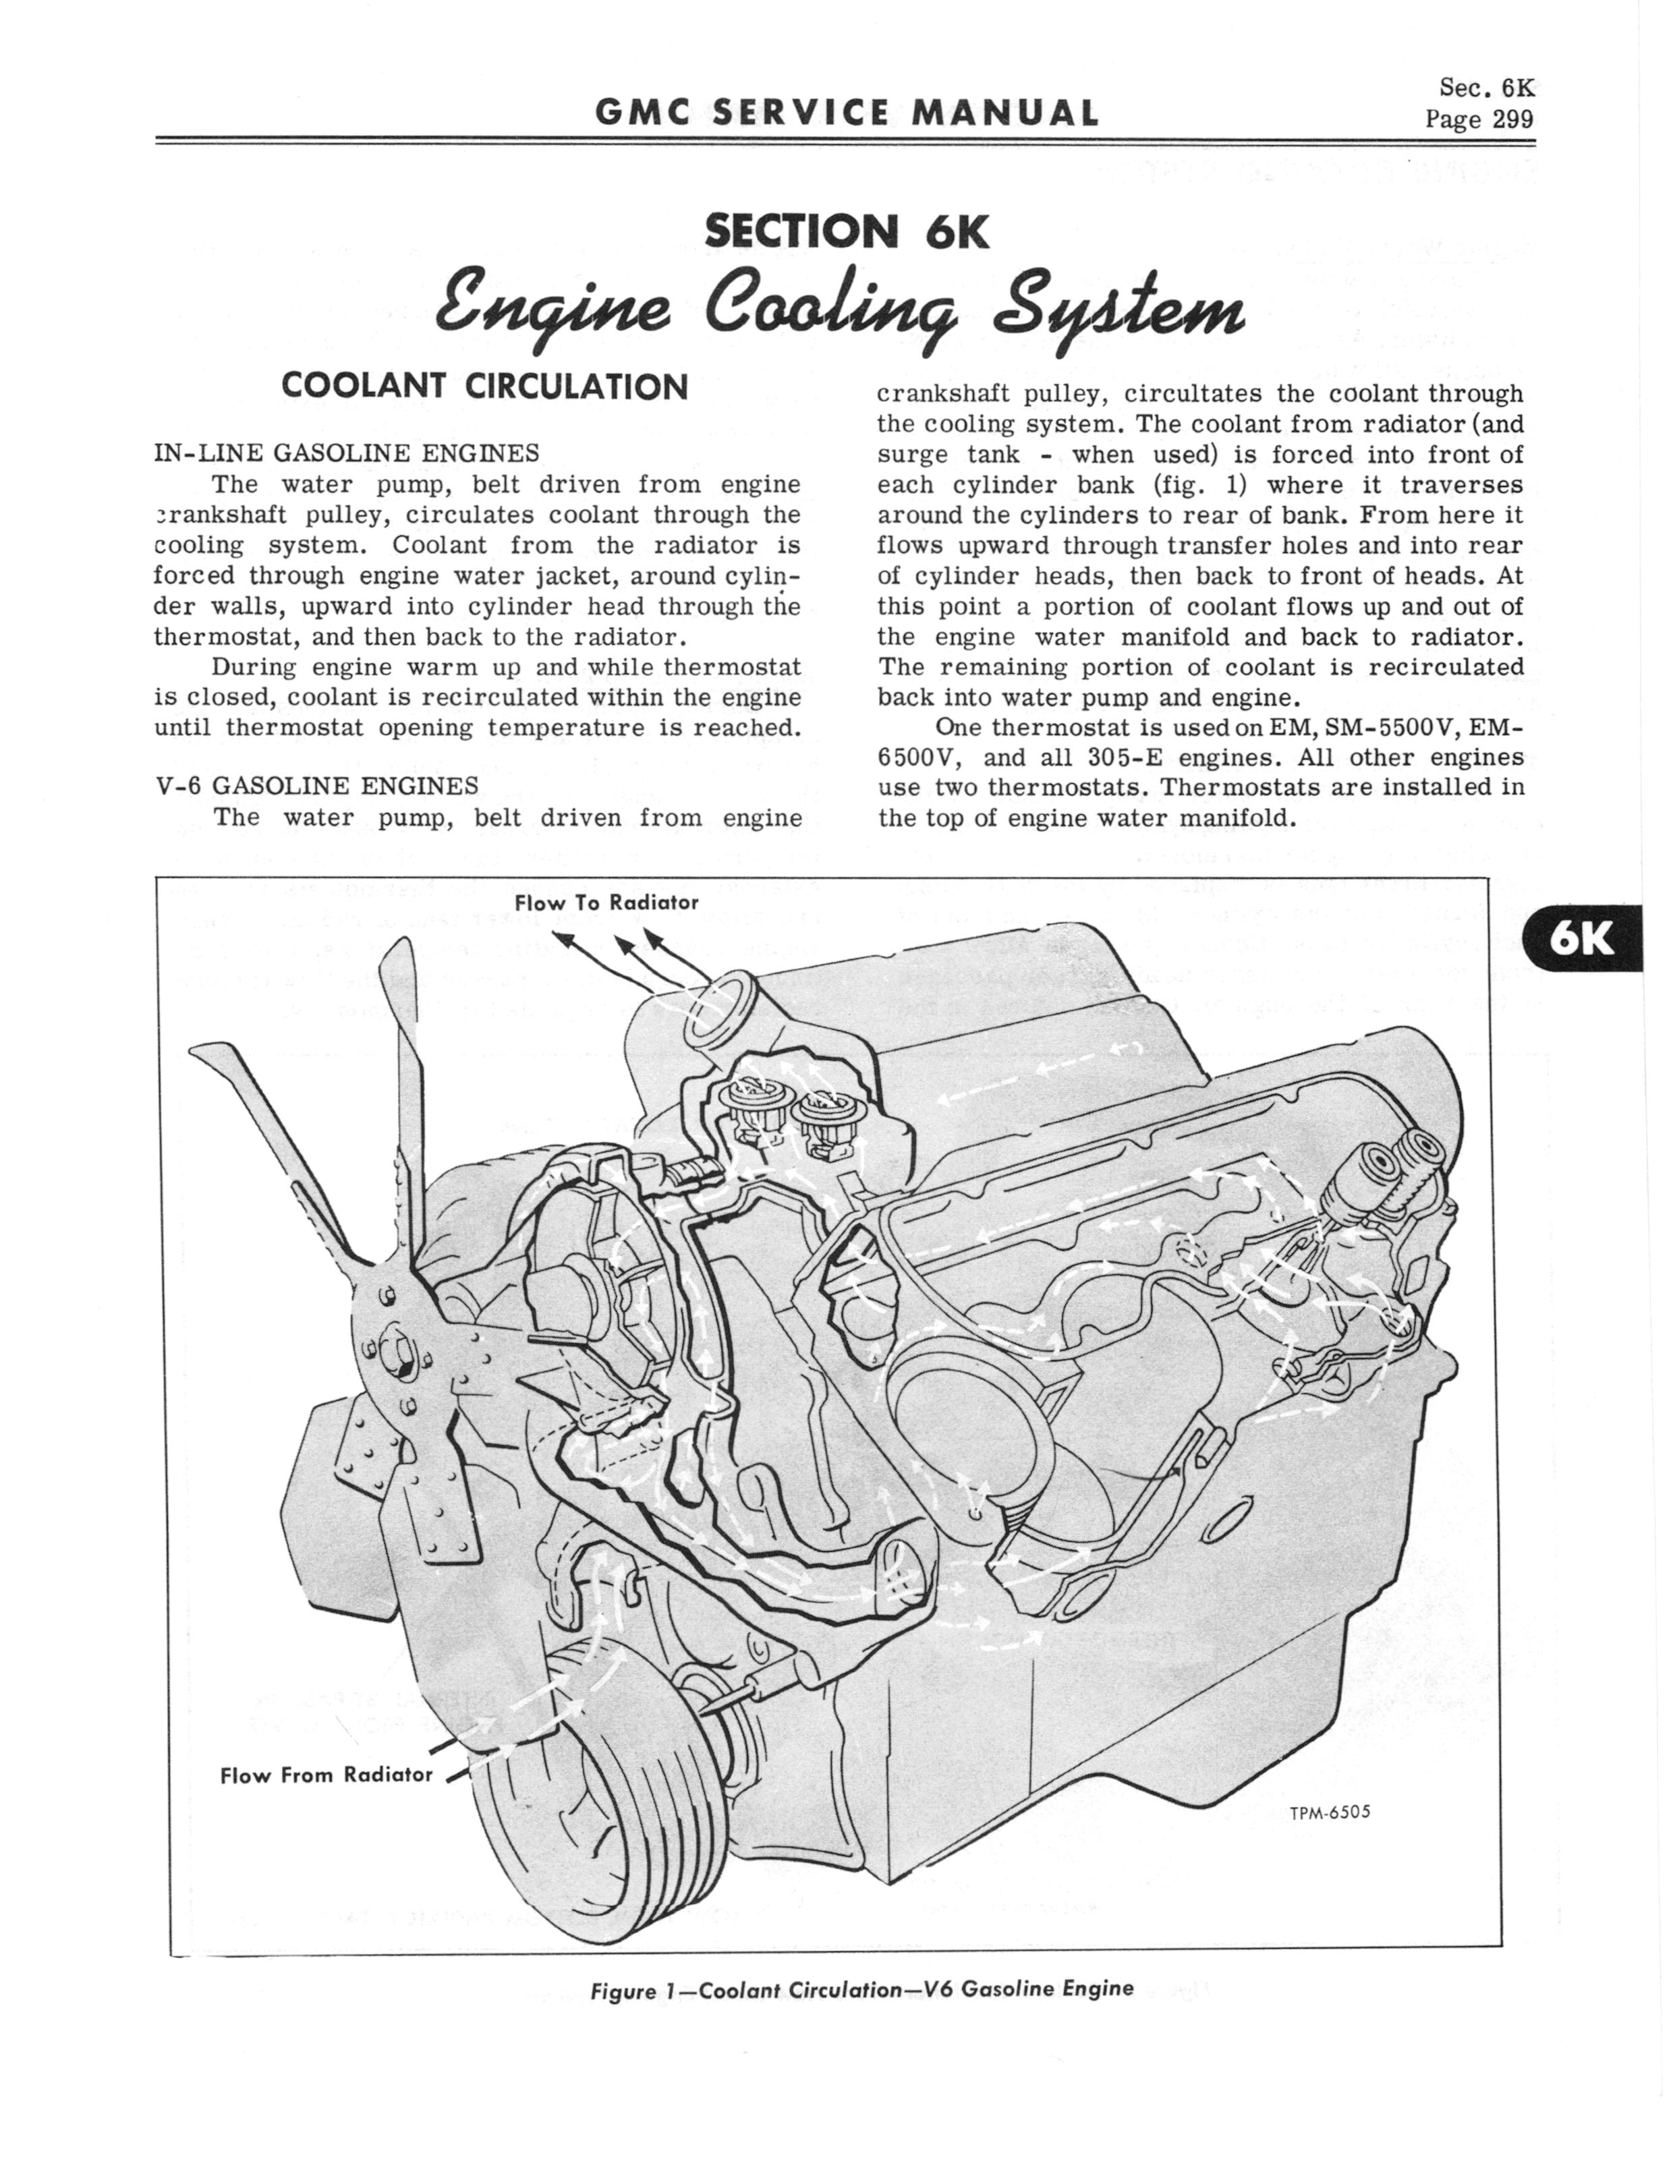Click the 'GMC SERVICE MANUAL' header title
click(x=847, y=113)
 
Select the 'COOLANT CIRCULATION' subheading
click(x=485, y=386)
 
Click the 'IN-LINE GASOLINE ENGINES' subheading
click(x=347, y=453)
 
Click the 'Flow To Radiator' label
click(x=606, y=903)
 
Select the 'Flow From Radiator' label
click(x=327, y=1775)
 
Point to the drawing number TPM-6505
click(x=1330, y=1812)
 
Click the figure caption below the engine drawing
click(x=861, y=1989)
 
